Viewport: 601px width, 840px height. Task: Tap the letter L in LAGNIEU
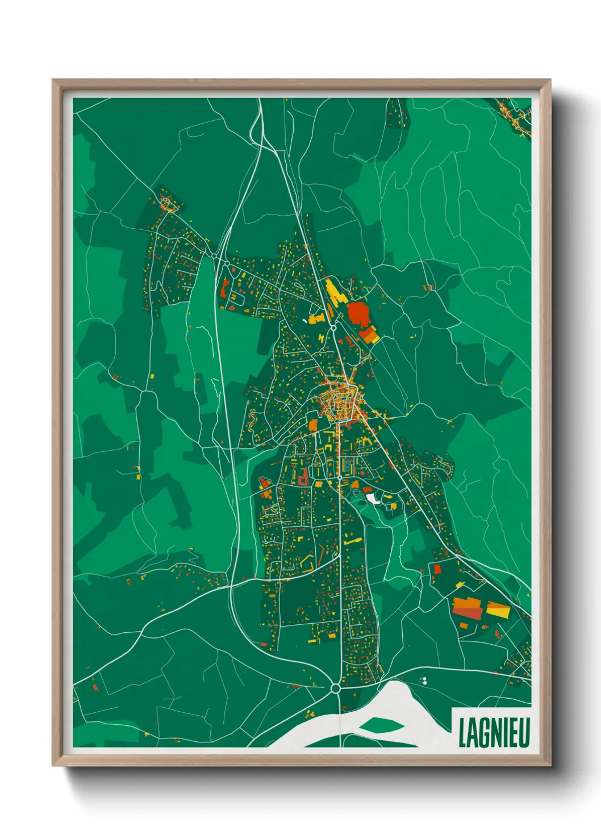(462, 733)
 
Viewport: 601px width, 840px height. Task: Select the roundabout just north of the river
(335, 688)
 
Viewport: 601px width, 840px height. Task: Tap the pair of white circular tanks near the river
(424, 680)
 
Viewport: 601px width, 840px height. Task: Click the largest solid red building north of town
(358, 313)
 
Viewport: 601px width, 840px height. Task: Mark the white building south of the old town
(372, 498)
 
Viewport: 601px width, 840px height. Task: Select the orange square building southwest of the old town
(313, 425)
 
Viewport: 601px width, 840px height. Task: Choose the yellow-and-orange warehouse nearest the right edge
(498, 610)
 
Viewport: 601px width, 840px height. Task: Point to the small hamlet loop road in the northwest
(167, 203)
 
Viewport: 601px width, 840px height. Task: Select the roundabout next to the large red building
(334, 327)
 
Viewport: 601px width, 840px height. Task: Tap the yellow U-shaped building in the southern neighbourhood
(307, 562)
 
